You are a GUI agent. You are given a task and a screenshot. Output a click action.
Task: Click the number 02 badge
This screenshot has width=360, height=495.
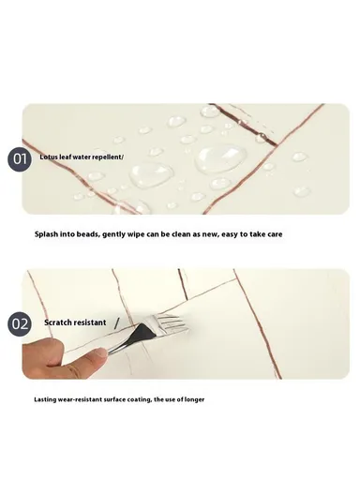point(22,323)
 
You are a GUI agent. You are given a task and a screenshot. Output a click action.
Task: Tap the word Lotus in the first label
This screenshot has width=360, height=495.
point(49,157)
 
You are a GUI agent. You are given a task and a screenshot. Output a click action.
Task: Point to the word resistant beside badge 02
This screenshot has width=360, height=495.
point(91,322)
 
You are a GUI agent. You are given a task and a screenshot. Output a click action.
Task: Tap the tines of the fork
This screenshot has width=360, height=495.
point(174,323)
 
